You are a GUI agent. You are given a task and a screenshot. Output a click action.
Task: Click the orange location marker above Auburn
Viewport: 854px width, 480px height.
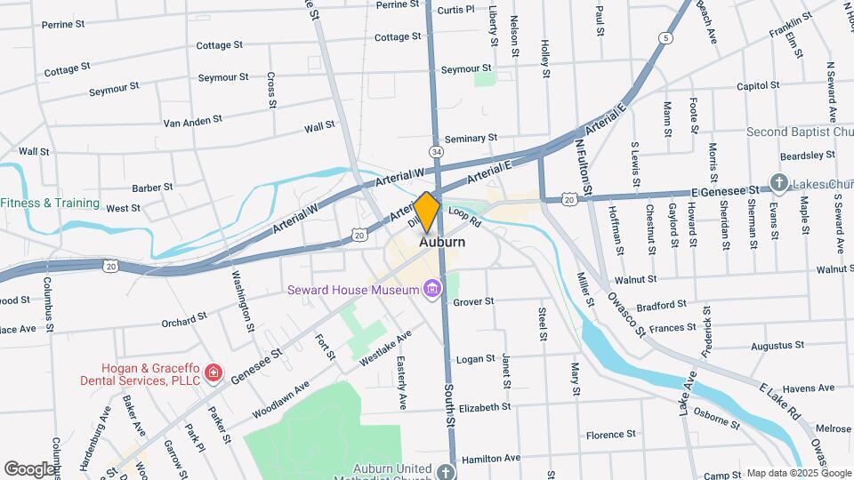pos(427,212)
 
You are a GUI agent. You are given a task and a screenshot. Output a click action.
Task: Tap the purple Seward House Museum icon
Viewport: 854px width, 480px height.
pos(432,290)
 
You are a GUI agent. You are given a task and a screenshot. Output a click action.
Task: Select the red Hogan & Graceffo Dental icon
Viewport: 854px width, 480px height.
pos(213,372)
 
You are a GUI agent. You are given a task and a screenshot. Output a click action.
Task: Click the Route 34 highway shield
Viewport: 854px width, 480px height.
pos(435,152)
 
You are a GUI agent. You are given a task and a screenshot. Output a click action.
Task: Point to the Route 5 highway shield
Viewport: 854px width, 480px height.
pos(665,38)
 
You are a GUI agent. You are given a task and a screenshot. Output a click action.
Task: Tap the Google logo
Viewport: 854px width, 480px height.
pos(29,469)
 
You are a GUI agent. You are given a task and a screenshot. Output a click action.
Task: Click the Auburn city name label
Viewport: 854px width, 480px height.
pos(441,242)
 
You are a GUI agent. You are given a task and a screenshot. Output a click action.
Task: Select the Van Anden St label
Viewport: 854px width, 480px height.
pos(192,121)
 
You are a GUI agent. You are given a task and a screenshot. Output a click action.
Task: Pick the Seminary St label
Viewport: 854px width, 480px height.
pos(471,139)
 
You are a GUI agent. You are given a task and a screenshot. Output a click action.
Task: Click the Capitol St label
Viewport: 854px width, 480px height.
pos(758,86)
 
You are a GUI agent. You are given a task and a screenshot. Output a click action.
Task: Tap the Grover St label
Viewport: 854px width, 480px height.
pos(473,302)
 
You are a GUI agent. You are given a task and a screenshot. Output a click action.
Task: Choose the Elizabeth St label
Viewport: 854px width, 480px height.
pos(485,407)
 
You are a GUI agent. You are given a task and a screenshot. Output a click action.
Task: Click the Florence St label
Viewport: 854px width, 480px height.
pos(611,436)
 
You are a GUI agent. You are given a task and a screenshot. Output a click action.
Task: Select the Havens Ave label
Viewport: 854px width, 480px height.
pos(810,388)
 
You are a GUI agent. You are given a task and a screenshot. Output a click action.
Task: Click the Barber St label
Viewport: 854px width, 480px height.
pos(152,188)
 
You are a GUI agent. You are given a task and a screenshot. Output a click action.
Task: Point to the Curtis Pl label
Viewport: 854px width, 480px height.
pos(456,11)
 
